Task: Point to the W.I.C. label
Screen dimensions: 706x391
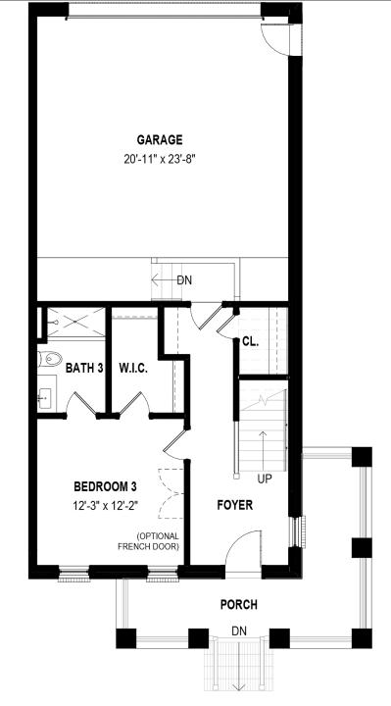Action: (x=132, y=369)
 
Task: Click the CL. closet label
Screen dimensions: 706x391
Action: (x=251, y=341)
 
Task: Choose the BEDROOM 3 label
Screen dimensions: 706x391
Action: (x=105, y=487)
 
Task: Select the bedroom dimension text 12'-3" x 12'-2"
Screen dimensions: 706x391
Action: (x=105, y=506)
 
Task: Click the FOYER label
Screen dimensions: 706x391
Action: (x=233, y=506)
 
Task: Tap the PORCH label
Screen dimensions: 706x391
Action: (x=238, y=605)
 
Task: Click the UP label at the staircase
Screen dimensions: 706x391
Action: (x=264, y=480)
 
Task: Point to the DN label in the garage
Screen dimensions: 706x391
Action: (x=184, y=279)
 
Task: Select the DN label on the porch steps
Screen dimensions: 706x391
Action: (x=238, y=630)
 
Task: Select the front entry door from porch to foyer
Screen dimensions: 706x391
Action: (x=245, y=549)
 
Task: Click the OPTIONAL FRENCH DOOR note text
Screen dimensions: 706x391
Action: (x=151, y=540)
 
